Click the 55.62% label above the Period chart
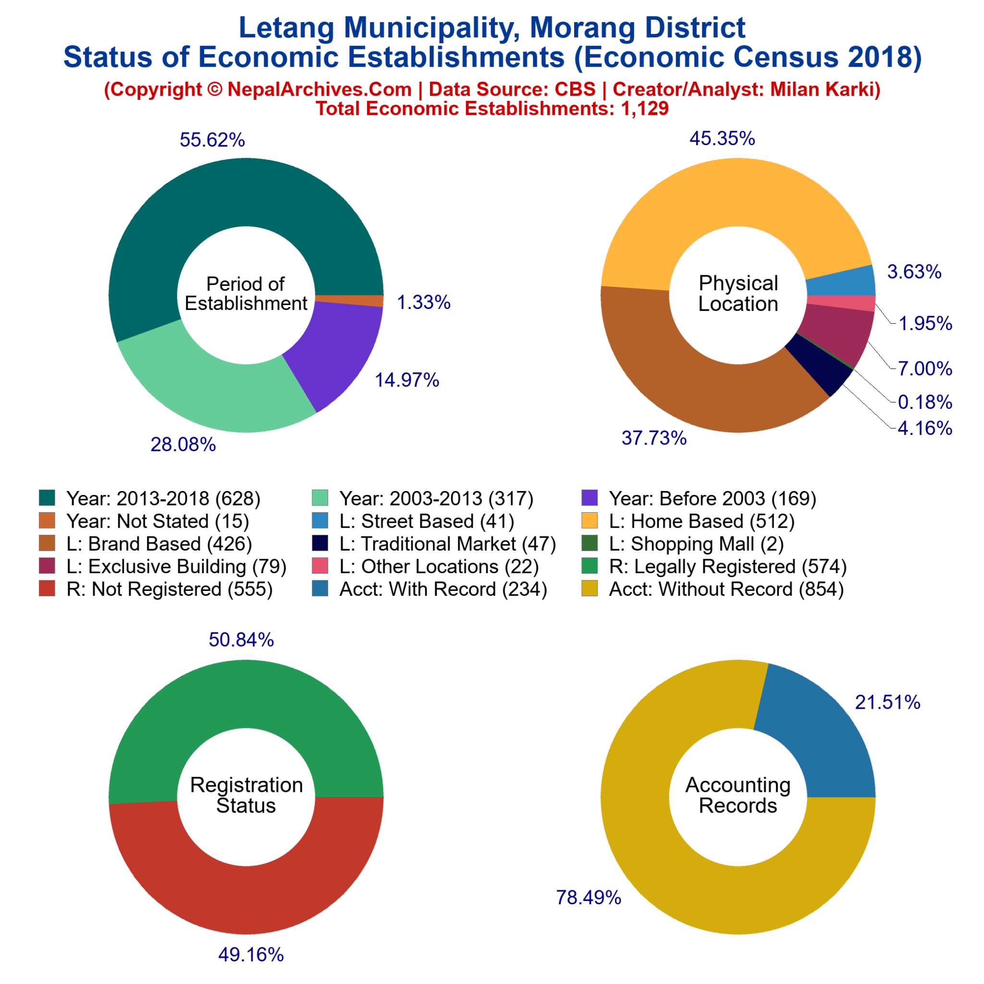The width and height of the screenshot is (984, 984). click(x=212, y=139)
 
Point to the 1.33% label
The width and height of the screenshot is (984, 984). click(x=423, y=303)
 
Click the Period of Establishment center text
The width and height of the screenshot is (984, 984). click(x=246, y=294)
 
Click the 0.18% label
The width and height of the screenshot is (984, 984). click(x=924, y=402)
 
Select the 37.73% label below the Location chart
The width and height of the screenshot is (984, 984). click(x=653, y=438)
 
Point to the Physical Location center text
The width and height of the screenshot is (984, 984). click(x=738, y=294)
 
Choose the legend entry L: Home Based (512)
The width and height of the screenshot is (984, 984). click(x=701, y=521)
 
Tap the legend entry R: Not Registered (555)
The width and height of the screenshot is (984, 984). click(x=169, y=589)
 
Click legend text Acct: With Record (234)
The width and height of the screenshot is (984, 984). click(x=443, y=589)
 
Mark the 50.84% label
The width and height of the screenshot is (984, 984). click(x=241, y=640)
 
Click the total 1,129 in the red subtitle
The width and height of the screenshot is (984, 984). click(x=644, y=109)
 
